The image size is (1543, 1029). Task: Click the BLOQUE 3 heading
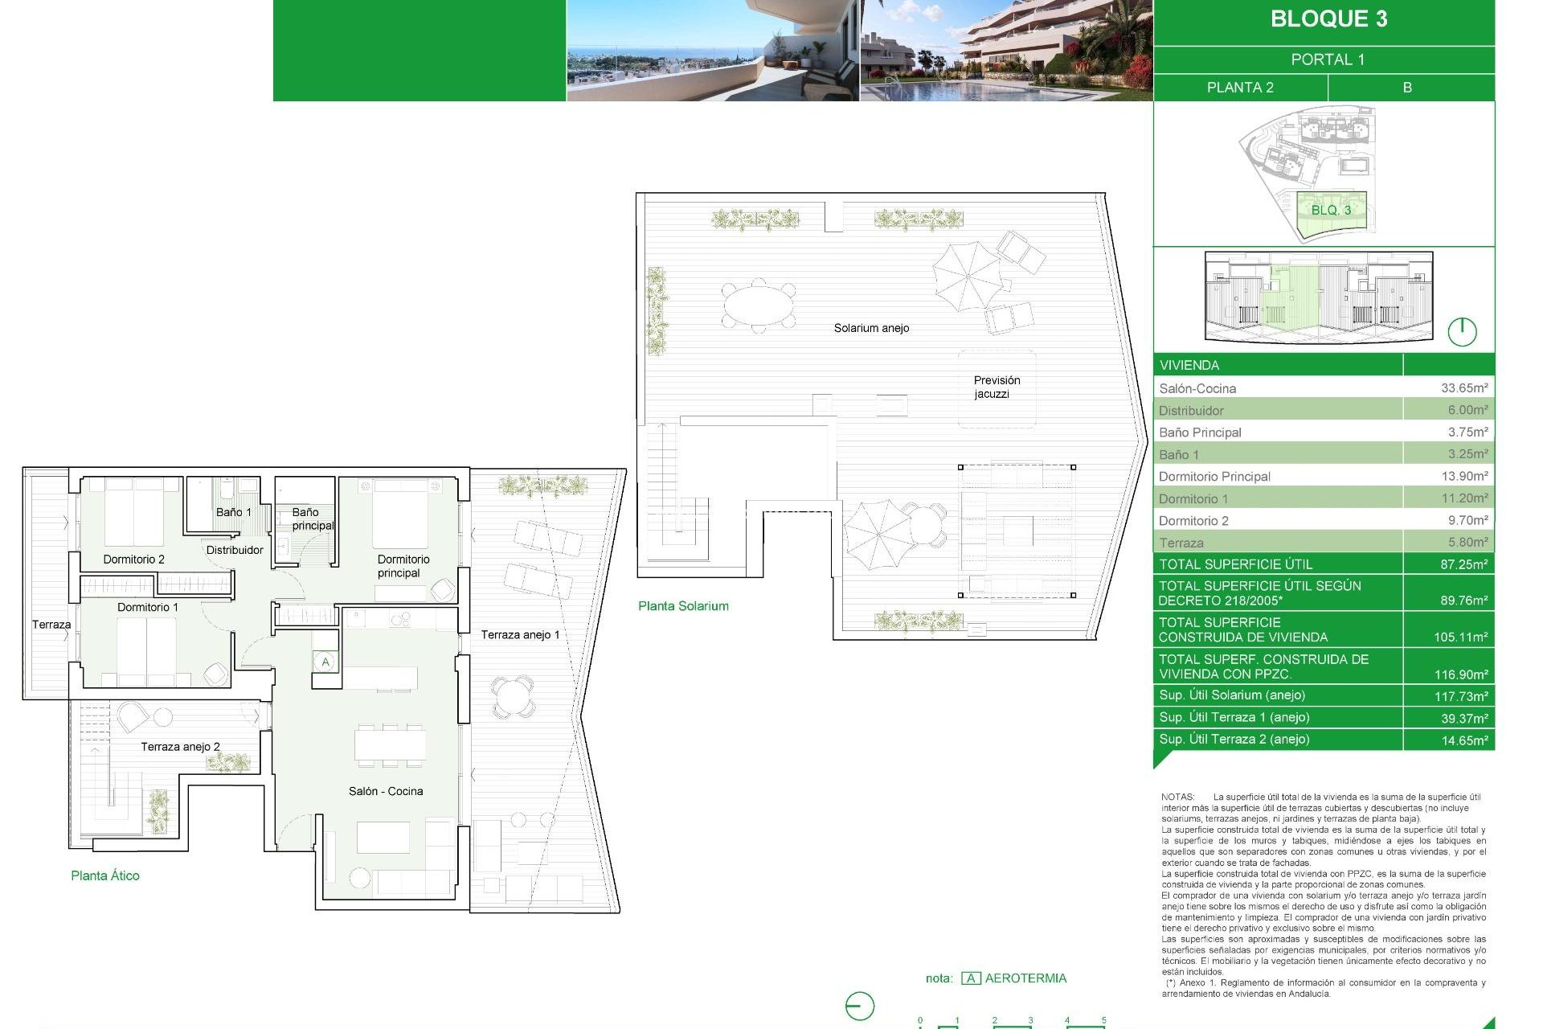click(x=1328, y=19)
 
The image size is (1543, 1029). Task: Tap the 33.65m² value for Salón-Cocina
click(x=1463, y=388)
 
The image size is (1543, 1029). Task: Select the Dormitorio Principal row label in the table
click(x=1214, y=477)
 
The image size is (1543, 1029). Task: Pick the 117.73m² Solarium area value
click(x=1463, y=696)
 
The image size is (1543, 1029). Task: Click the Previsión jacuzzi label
click(x=997, y=387)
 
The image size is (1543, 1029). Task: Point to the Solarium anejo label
click(x=871, y=328)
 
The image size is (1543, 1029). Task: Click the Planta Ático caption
click(x=105, y=875)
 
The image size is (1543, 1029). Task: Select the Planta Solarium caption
click(x=683, y=606)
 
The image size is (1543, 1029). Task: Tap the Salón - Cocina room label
click(x=386, y=791)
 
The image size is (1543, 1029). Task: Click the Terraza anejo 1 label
click(x=520, y=635)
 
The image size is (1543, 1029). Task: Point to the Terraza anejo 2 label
click(x=180, y=747)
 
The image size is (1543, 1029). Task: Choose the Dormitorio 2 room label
click(x=133, y=560)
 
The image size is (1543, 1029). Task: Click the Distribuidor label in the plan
click(x=235, y=550)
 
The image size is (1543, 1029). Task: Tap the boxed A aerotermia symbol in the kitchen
click(x=325, y=662)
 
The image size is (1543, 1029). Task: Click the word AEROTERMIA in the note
click(x=1025, y=978)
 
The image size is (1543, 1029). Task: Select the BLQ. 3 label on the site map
click(x=1331, y=211)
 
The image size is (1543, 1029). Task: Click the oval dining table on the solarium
click(x=759, y=305)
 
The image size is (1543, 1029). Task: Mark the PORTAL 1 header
click(x=1328, y=59)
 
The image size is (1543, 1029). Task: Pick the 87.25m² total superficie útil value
click(x=1463, y=564)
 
